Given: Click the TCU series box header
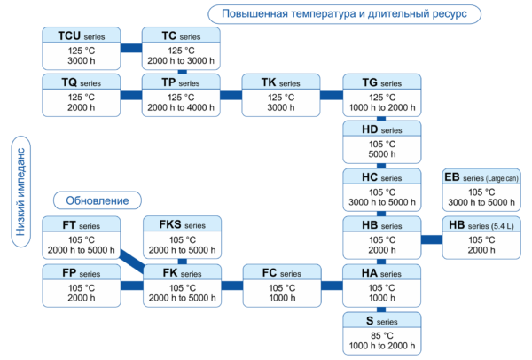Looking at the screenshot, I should coord(81,35).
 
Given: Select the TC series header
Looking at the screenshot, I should coord(181,35).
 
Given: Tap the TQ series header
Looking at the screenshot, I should coord(81,82).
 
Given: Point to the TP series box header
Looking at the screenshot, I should coord(181,82).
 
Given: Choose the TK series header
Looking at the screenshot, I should coord(281,82).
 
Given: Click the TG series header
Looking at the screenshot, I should coord(381,82).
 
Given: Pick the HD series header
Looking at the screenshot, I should coord(381,130).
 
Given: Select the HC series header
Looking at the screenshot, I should coord(381,177).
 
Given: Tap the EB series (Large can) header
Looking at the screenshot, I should coord(481,177).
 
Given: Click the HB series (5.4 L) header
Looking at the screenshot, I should coord(481,225).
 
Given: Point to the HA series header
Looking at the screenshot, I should coord(381,273).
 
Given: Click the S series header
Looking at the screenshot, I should coord(381,320).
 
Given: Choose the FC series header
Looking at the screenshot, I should coord(281,273).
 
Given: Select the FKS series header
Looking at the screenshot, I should coord(181,225).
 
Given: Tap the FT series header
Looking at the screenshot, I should coord(81,225).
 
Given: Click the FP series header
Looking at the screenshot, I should coord(81,273).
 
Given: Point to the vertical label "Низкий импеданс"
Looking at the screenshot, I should coord(21,189).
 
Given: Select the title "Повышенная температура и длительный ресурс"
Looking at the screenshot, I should coord(345,13).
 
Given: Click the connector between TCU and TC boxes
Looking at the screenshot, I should coord(131,50).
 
